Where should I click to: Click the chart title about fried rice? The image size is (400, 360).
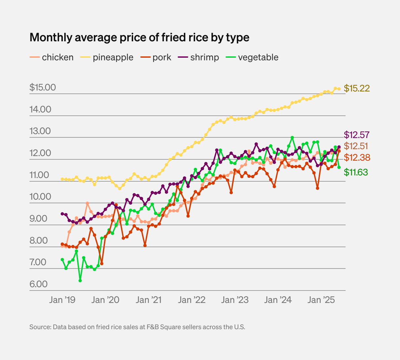tap(139, 37)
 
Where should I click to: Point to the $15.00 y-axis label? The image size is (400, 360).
tap(43, 88)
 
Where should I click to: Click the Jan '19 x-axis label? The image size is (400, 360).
tap(62, 300)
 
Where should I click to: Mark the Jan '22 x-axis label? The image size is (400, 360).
tap(192, 300)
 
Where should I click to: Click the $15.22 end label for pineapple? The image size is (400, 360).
tap(356, 88)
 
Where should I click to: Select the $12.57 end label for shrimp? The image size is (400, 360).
tap(356, 135)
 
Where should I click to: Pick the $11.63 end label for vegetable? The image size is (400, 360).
tap(356, 172)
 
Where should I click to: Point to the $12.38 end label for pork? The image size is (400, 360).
tap(357, 158)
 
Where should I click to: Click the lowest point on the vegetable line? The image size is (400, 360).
tap(80, 281)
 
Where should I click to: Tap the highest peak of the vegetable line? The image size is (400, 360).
tap(292, 138)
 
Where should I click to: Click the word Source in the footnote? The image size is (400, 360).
tap(40, 327)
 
